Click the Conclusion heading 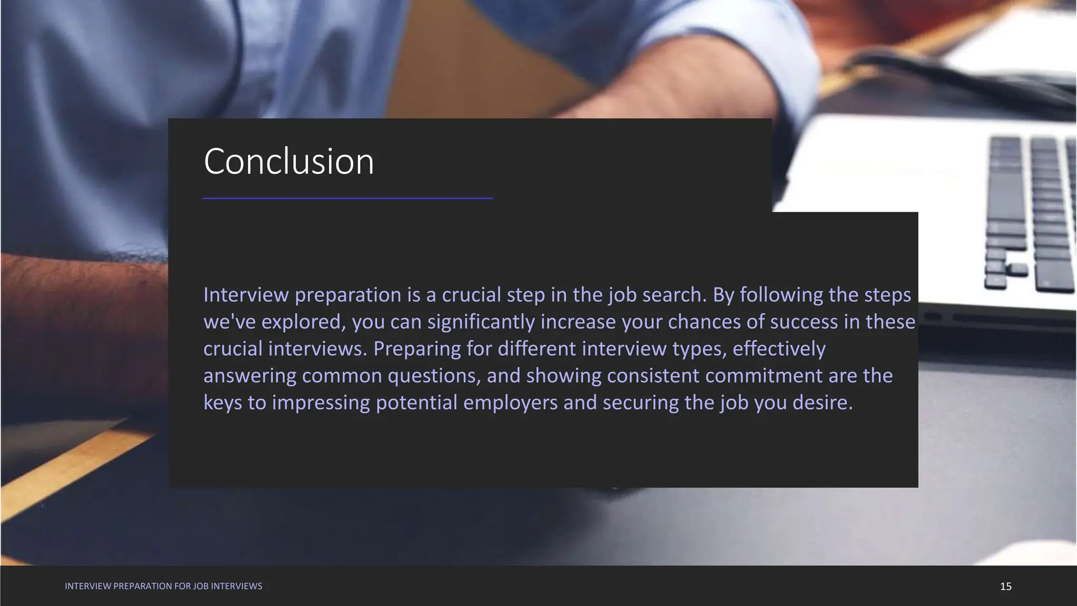tap(289, 161)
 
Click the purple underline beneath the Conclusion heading tap(347, 198)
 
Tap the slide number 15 tap(1005, 587)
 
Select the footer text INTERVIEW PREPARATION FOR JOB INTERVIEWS tap(163, 586)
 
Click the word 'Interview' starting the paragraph tap(246, 295)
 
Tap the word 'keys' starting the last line tap(222, 403)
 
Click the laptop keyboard tap(1025, 210)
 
